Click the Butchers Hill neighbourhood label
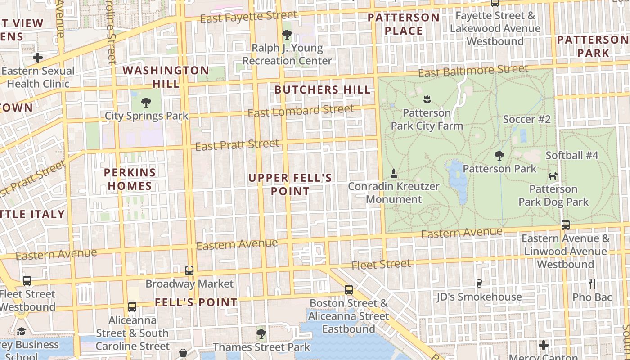(x=322, y=90)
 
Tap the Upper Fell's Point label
(x=290, y=184)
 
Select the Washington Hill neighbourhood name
(x=166, y=77)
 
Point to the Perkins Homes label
(x=130, y=179)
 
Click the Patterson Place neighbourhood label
(x=404, y=24)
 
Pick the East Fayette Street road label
(x=248, y=17)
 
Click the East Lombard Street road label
(x=301, y=111)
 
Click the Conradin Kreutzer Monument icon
(x=394, y=173)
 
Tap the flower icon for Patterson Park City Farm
(x=427, y=99)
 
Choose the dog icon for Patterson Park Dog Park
(x=553, y=176)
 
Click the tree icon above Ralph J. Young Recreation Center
(x=287, y=34)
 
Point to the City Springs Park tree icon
(x=146, y=103)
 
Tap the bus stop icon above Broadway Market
(x=189, y=270)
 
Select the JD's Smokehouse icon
(x=479, y=283)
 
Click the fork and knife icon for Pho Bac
(x=592, y=284)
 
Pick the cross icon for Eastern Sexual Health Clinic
(x=38, y=58)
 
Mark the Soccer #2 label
(x=526, y=119)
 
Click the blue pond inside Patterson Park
(x=456, y=180)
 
